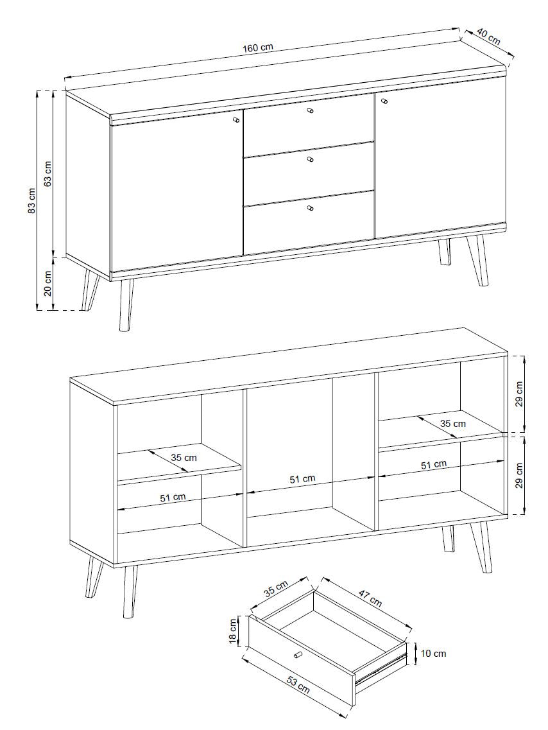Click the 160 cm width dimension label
(x=258, y=48)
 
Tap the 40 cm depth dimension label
(x=488, y=37)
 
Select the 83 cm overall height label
(x=31, y=200)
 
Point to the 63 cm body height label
(x=48, y=173)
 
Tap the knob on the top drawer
(x=311, y=110)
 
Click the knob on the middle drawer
(x=311, y=159)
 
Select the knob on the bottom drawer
(x=311, y=207)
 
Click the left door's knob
(x=236, y=119)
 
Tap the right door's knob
(x=384, y=101)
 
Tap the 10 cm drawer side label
(x=433, y=654)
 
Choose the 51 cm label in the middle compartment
(x=303, y=478)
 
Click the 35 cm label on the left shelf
(x=184, y=458)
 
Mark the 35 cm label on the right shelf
(x=452, y=424)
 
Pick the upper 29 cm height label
(x=520, y=394)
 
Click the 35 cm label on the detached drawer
(x=276, y=588)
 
